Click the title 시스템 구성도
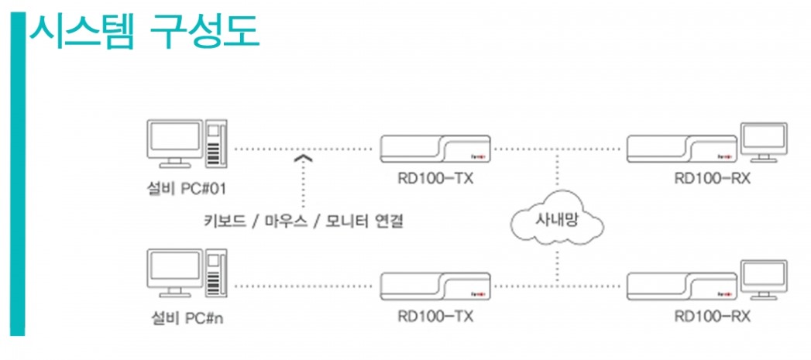pyautogui.click(x=144, y=33)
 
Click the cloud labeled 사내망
pyautogui.click(x=557, y=219)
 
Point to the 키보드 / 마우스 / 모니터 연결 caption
pyautogui.click(x=304, y=221)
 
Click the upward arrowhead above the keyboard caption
pyautogui.click(x=303, y=159)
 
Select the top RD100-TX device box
pyautogui.click(x=435, y=148)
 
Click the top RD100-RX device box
pyautogui.click(x=681, y=148)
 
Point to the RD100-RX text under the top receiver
pyautogui.click(x=712, y=179)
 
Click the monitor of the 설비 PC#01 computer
pyautogui.click(x=174, y=142)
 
